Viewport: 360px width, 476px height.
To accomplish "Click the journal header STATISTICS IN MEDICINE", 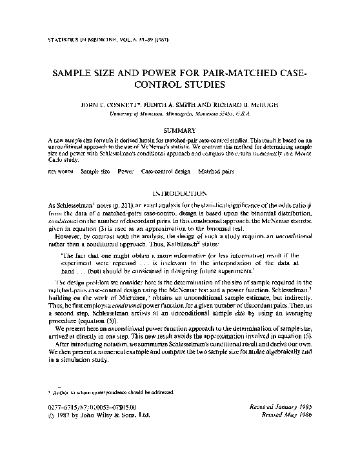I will [x=81, y=40].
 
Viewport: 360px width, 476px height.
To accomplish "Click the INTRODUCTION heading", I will [x=180, y=193].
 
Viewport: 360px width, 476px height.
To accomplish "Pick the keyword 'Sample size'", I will [x=94, y=172].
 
